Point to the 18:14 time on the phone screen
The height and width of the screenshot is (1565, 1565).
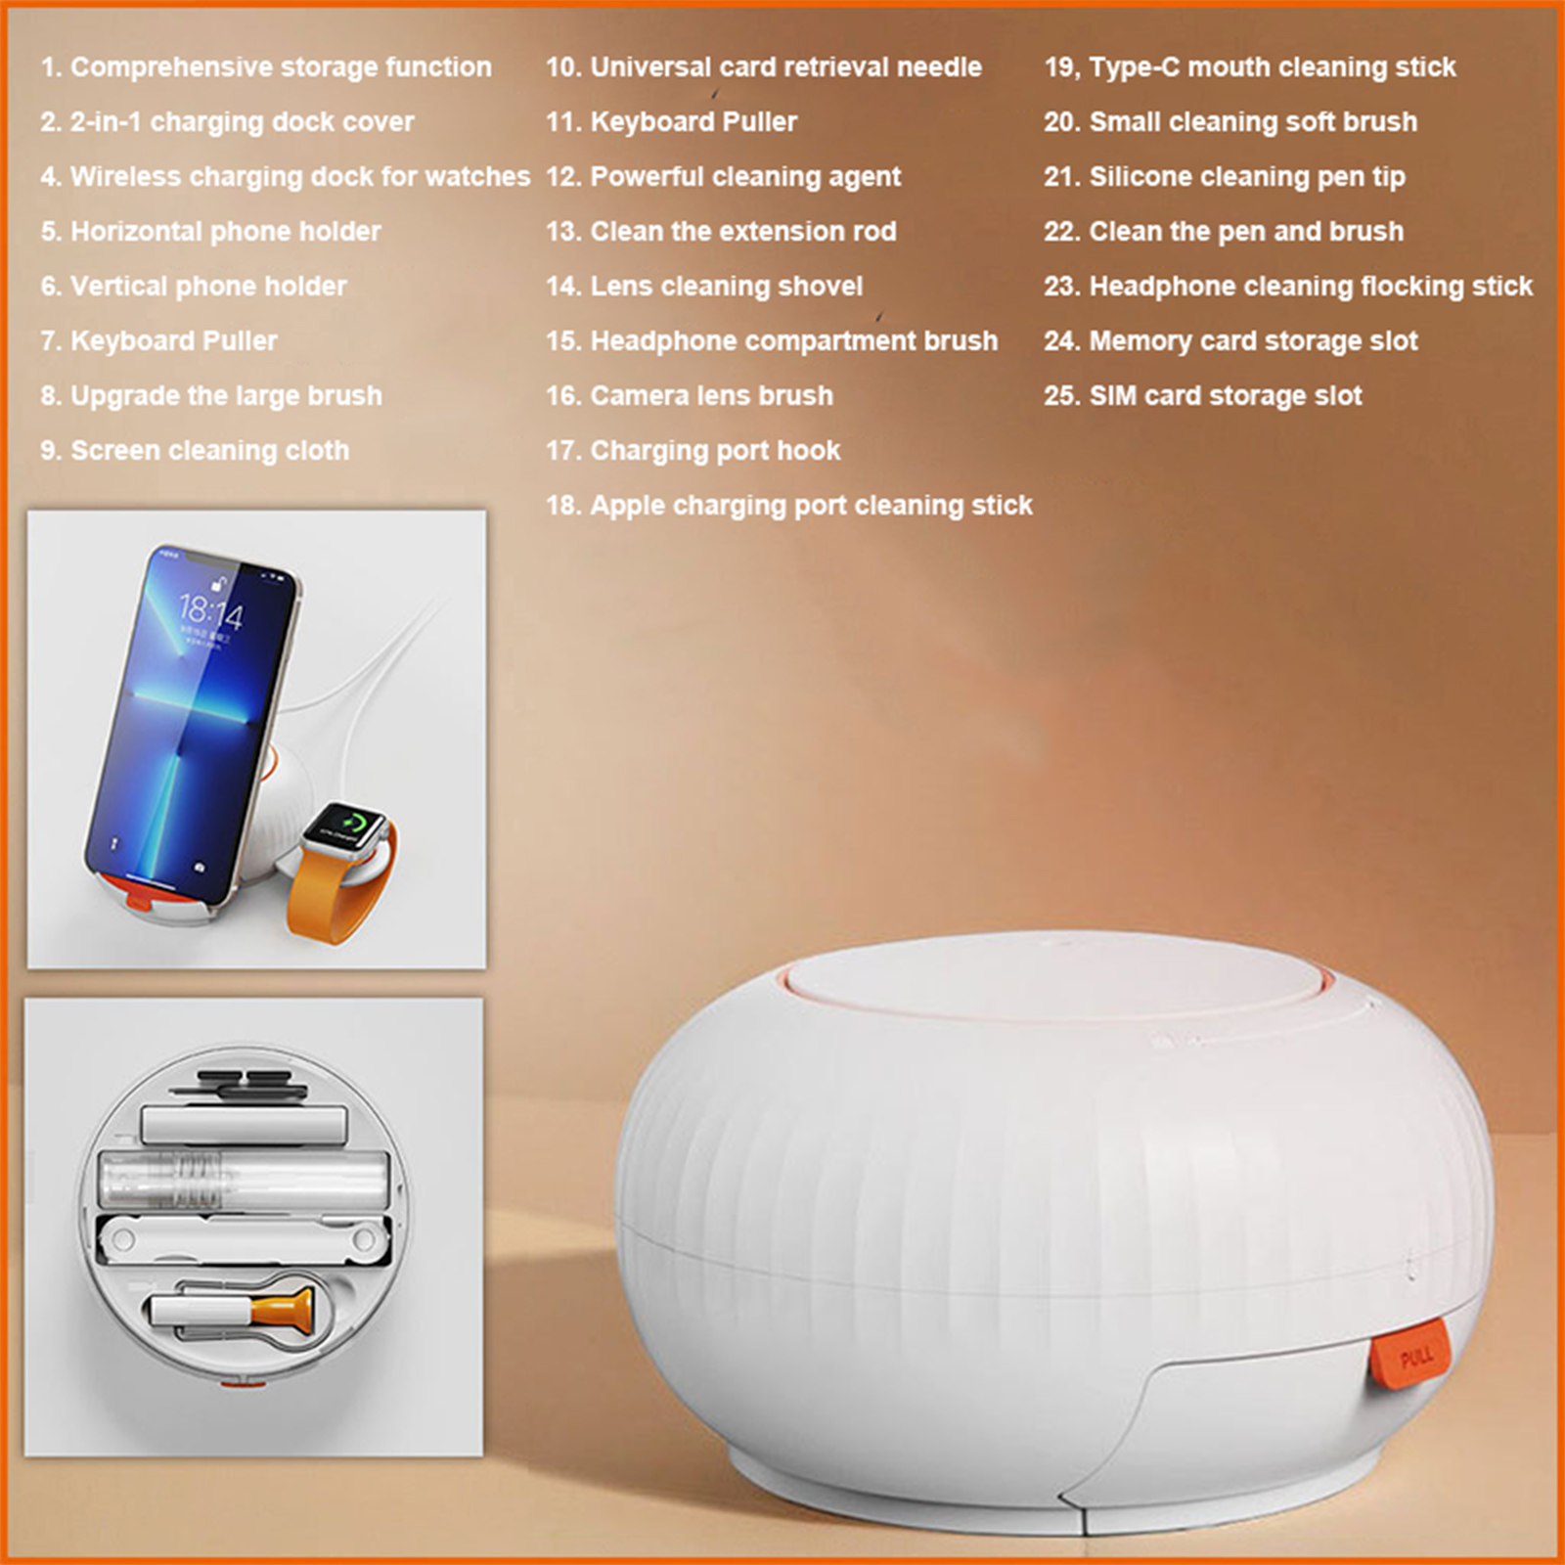click(210, 612)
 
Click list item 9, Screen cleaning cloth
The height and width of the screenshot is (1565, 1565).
click(195, 451)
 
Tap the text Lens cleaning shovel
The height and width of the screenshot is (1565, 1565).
click(727, 287)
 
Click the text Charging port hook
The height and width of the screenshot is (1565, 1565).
click(715, 451)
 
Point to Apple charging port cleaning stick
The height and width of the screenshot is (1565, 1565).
click(812, 506)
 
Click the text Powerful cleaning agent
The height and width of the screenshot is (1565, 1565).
click(745, 177)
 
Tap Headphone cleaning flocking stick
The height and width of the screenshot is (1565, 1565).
click(1311, 287)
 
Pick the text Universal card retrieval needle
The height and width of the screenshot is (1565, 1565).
click(785, 67)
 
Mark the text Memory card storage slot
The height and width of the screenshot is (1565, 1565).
click(1253, 341)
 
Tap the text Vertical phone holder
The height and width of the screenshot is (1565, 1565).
click(208, 287)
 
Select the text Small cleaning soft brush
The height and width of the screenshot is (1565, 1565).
click(1253, 122)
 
